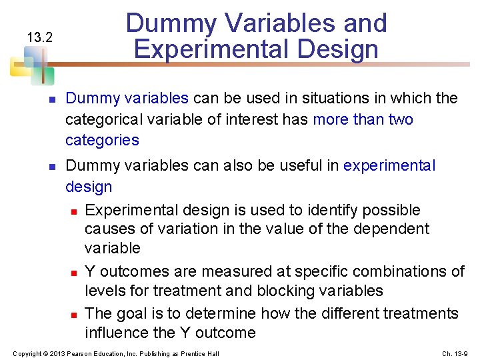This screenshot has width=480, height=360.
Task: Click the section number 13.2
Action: point(39,37)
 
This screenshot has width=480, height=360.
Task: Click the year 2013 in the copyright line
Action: point(56,353)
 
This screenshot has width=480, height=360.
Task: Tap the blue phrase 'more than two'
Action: point(363,119)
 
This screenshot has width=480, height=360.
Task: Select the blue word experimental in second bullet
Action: point(389,165)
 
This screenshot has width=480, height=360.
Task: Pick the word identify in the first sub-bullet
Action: point(327,210)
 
